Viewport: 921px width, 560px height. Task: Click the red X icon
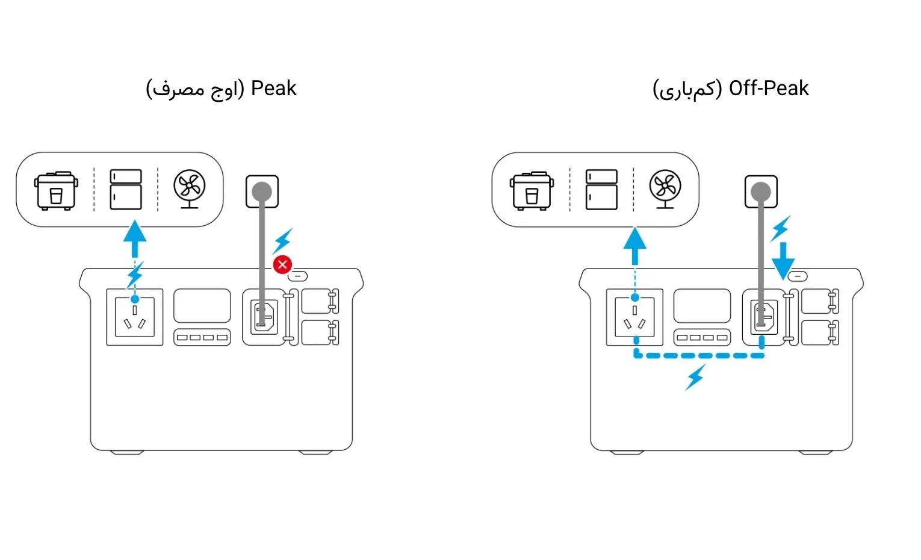(282, 264)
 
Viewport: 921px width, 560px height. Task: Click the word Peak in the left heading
(273, 89)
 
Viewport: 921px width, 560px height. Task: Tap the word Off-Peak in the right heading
(769, 89)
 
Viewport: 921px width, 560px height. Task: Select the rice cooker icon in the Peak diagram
(56, 190)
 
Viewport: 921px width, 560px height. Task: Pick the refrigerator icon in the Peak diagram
(126, 189)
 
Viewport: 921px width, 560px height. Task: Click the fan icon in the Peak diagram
(189, 188)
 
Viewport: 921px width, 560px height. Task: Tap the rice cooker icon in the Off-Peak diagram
(532, 190)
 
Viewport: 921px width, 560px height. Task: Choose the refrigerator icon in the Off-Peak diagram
(601, 189)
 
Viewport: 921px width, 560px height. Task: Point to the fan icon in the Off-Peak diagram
(665, 188)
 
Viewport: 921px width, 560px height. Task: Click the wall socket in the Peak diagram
(262, 191)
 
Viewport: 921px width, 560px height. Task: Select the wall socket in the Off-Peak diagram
(761, 191)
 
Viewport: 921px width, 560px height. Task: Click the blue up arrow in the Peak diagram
(135, 238)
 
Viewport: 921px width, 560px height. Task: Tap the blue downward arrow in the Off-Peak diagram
(783, 261)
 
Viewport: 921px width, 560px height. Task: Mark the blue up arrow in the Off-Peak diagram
(635, 246)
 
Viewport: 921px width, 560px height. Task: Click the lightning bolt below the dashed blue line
(695, 377)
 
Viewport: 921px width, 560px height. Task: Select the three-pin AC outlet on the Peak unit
(135, 317)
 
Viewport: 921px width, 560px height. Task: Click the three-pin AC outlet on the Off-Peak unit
(635, 317)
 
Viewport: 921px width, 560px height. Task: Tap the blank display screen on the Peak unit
(202, 305)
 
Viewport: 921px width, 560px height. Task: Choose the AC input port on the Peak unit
(264, 317)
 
